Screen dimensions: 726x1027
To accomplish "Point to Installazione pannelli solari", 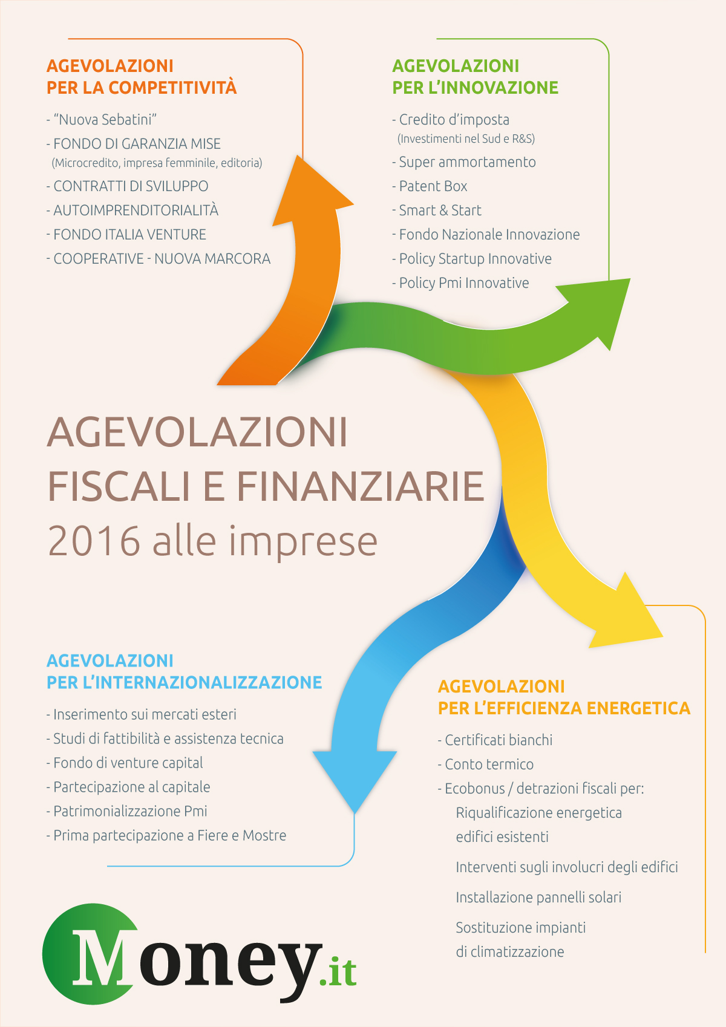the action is [538, 897].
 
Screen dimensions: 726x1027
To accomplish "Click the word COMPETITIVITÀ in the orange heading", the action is [172, 87].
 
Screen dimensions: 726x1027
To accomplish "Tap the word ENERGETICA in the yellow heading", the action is [638, 708].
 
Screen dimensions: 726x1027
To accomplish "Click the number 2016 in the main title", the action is [94, 541].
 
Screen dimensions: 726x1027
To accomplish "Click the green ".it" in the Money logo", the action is [338, 972].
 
